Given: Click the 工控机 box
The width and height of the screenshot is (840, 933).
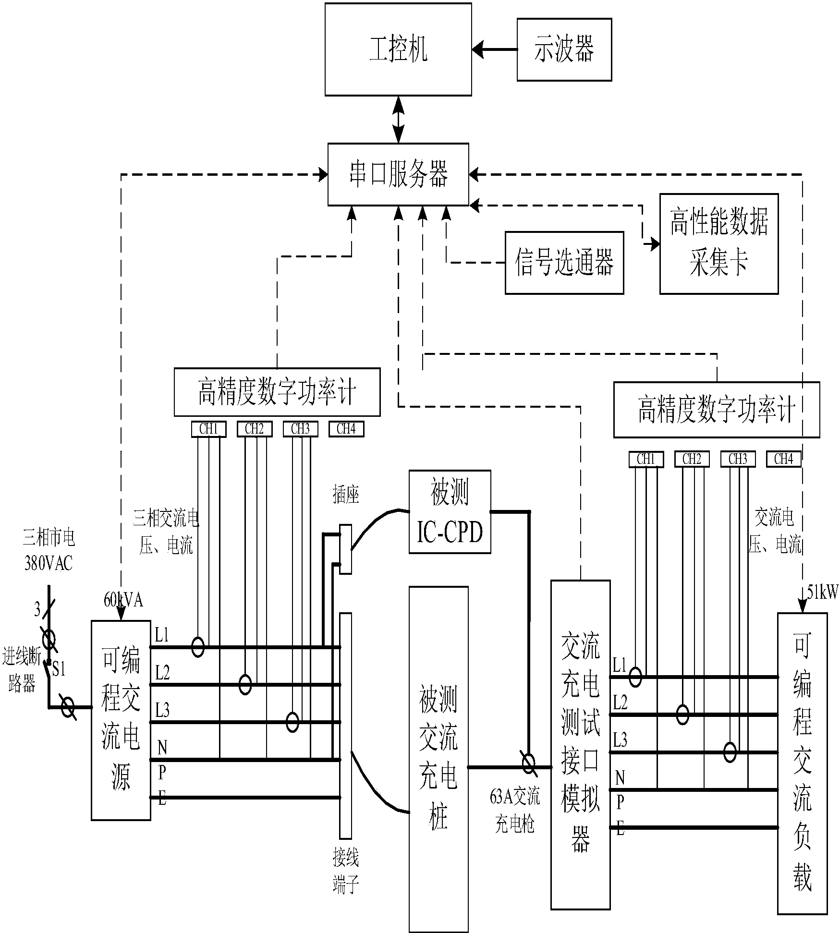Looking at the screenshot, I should click(398, 49).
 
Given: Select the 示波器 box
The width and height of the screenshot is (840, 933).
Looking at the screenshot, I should click(564, 49).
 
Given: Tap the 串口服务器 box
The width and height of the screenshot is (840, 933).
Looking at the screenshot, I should click(398, 174).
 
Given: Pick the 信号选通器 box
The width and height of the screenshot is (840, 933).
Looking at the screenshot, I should click(564, 263).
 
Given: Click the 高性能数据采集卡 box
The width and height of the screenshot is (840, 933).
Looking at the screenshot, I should click(718, 243).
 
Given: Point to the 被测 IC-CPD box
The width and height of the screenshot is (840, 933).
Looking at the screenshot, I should click(450, 512).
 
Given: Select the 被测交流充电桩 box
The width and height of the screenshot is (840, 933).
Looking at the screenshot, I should click(438, 759).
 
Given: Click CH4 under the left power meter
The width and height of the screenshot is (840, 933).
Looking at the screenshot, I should click(346, 429).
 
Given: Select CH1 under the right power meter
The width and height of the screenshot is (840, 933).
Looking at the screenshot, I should click(645, 460).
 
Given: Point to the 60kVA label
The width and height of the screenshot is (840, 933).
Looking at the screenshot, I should click(123, 600).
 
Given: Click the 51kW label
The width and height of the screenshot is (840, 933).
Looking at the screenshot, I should click(822, 593).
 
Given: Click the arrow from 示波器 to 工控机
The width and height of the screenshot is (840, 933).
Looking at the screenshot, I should click(494, 49).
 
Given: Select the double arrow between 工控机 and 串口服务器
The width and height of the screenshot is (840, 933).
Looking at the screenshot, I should click(398, 119).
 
